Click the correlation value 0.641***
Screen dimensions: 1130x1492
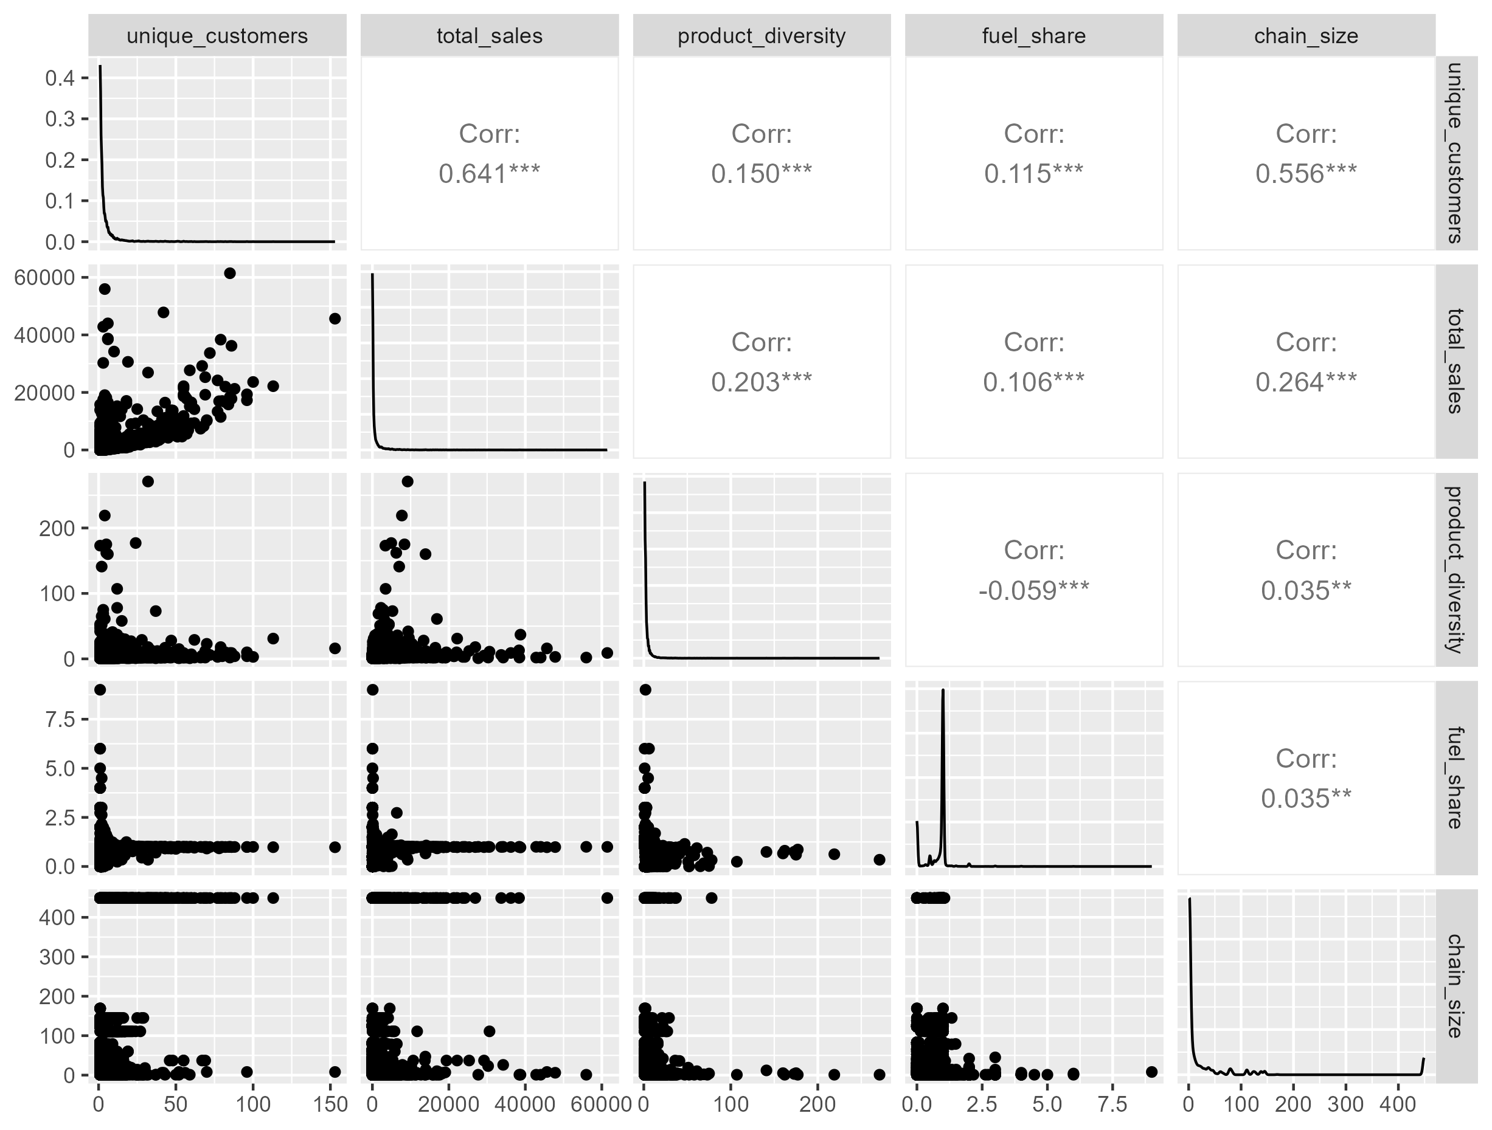pos(489,174)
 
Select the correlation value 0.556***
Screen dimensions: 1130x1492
pos(1306,174)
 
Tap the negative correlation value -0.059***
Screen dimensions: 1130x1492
pos(1033,591)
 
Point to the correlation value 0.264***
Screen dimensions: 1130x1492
pos(1306,382)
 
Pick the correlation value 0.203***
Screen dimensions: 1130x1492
pos(761,382)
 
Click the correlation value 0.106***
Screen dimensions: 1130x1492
pos(1033,382)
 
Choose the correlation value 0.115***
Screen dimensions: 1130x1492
pos(1033,174)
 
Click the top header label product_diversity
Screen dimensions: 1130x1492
pos(761,36)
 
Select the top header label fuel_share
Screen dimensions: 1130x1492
pos(1033,36)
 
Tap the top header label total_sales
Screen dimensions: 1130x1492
pos(489,36)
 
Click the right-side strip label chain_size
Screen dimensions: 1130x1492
pos(1456,986)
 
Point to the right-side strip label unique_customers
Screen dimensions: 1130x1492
pos(1456,153)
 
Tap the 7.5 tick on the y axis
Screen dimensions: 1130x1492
pos(61,720)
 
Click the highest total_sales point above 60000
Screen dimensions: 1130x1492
pos(229,273)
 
